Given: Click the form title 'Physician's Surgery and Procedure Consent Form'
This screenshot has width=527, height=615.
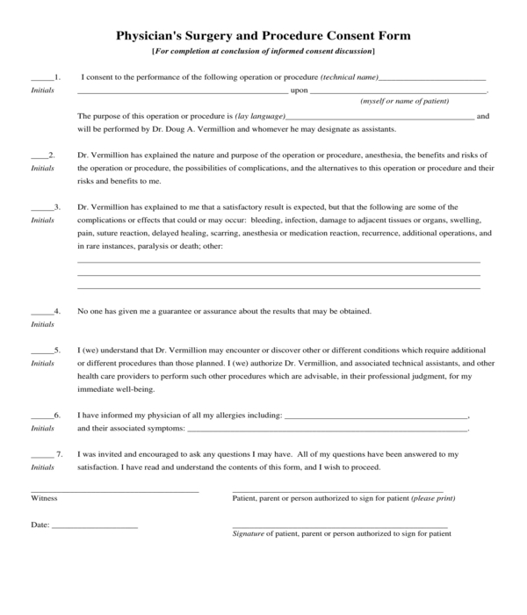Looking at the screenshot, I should tap(263, 36).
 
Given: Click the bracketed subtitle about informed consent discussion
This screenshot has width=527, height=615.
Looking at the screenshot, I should tap(263, 52).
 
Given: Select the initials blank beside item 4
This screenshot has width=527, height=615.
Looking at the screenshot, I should tap(41, 313).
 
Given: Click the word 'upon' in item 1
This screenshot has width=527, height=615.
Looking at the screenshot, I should tap(299, 90).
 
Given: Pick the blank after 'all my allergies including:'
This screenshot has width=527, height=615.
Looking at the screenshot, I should tap(377, 416).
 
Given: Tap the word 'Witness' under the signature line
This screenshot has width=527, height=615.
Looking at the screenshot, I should tap(44, 498).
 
